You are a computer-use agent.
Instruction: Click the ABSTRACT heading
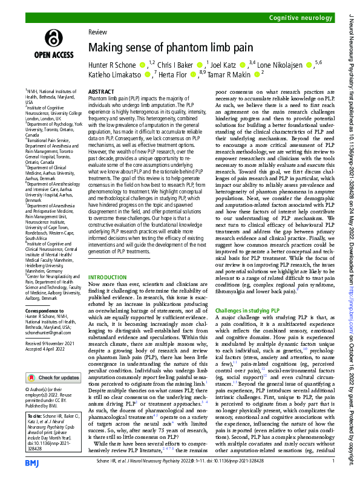[101, 91]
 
